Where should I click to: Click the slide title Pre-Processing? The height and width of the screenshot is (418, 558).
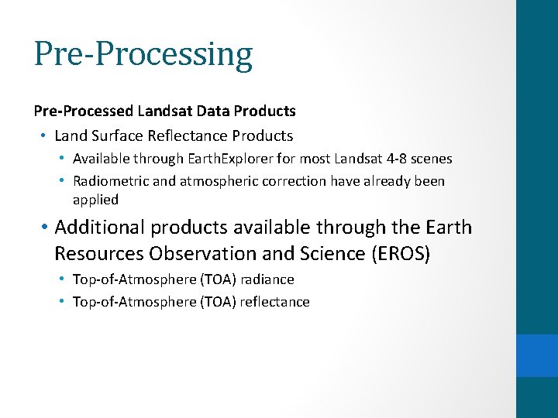pyautogui.click(x=143, y=54)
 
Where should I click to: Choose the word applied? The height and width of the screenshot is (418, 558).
pyautogui.click(x=95, y=200)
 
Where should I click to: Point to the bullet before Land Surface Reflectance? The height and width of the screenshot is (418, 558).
pyautogui.click(x=43, y=136)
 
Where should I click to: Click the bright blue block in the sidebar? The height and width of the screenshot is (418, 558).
pyautogui.click(x=537, y=355)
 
